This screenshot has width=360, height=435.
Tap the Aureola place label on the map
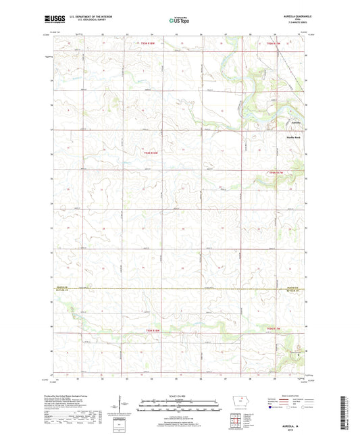pos(291,123)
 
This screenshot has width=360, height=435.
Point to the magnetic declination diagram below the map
pos(124,405)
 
